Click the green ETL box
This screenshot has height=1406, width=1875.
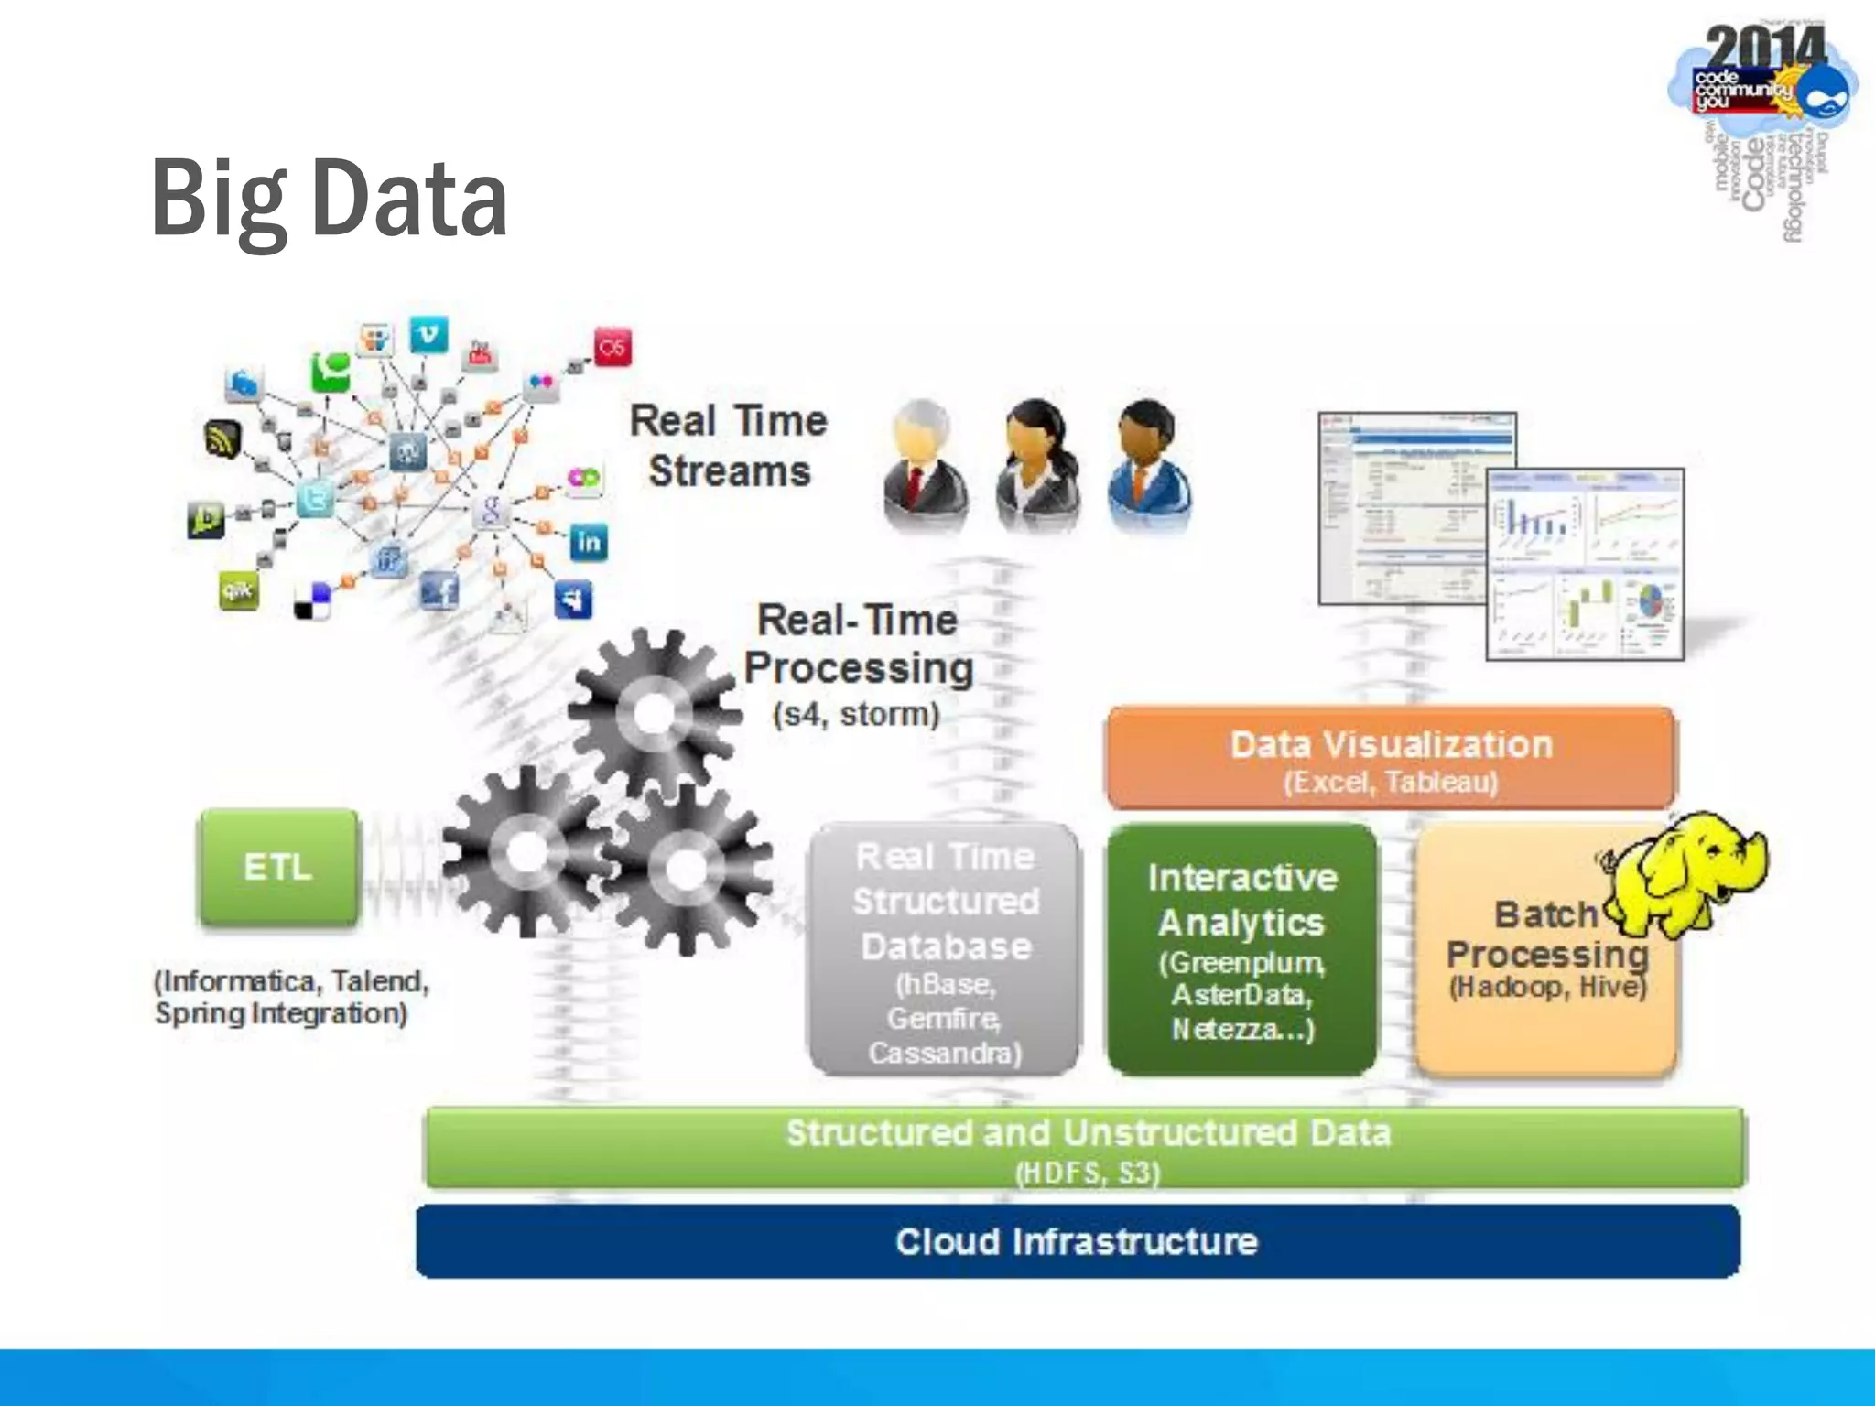(278, 867)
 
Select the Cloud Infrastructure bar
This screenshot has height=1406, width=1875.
(1078, 1241)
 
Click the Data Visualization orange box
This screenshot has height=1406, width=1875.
(1391, 758)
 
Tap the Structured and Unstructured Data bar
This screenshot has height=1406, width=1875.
(1086, 1147)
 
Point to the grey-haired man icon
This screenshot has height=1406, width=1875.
(924, 467)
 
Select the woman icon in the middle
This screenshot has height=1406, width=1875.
(1037, 467)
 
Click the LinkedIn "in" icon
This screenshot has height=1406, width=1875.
(588, 543)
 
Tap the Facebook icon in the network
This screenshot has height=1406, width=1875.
(439, 590)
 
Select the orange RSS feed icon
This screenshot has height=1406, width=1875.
(222, 439)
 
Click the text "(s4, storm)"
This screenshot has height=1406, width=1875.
(856, 714)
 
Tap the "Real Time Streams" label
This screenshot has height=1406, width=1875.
(729, 446)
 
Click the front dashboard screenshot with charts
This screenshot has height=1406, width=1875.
(1584, 564)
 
